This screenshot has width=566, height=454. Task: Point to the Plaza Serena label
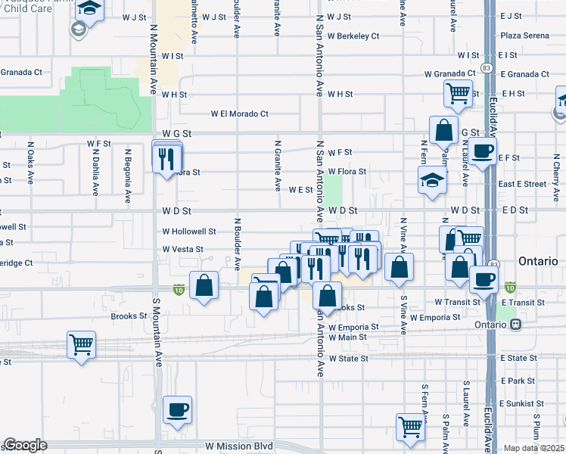pos(524,36)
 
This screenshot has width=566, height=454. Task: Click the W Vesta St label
pos(182,249)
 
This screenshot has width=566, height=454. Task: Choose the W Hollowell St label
pos(189,232)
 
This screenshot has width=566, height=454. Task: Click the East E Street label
pos(522,184)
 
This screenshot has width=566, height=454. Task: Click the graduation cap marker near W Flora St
pos(431,180)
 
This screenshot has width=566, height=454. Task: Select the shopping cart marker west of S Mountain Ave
pos(82,344)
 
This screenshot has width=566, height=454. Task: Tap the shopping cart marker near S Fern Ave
pos(410,426)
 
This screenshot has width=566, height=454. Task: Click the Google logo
pos(25,445)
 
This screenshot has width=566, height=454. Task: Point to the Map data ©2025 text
pos(534,448)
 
